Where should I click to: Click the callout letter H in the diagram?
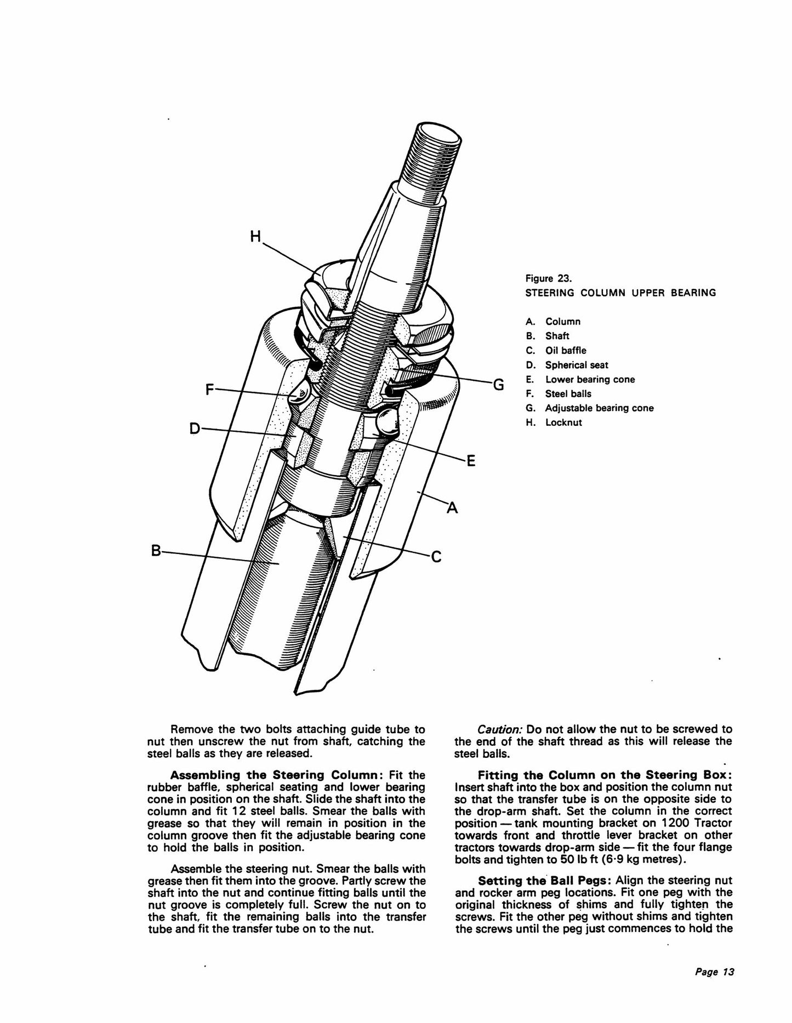coord(256,237)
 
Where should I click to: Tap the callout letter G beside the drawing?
coord(498,385)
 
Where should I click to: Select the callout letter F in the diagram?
coord(210,390)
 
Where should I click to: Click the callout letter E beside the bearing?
coord(470,462)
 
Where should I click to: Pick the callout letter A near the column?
coord(452,508)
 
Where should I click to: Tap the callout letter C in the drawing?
coord(436,557)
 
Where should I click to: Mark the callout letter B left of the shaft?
coord(156,550)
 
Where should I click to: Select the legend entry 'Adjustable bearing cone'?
coord(599,408)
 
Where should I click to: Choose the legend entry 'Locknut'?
coord(563,422)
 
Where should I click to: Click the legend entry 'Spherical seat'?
coord(577,365)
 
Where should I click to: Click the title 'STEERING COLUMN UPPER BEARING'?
coord(620,293)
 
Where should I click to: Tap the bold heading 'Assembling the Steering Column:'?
coord(277,775)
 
